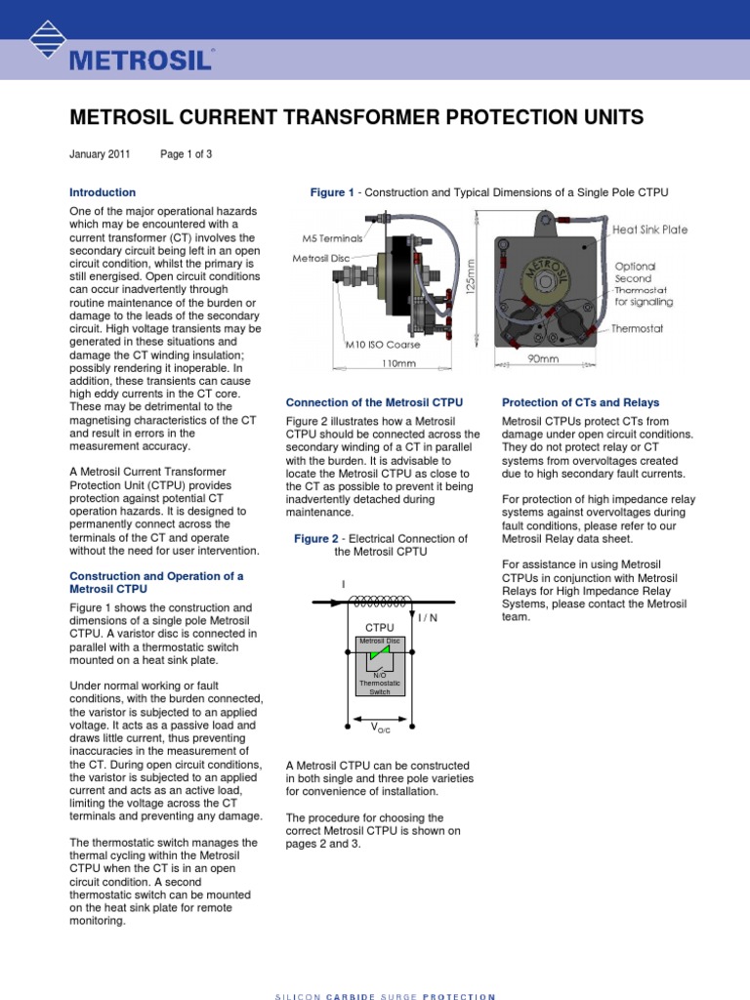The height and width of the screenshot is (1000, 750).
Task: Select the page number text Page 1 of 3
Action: [x=186, y=154]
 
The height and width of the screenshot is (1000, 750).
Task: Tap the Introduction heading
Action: [x=103, y=192]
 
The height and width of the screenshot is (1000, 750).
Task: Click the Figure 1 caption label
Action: [x=332, y=193]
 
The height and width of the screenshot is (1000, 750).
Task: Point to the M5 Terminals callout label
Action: [x=333, y=237]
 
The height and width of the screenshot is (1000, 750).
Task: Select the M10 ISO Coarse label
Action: [x=383, y=345]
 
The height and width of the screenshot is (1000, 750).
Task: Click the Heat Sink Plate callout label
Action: [x=650, y=229]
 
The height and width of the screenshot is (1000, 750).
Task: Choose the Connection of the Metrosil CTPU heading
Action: [x=374, y=402]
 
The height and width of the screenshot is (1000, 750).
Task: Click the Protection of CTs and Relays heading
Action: [x=580, y=402]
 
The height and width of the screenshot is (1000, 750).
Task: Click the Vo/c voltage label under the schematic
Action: [x=379, y=729]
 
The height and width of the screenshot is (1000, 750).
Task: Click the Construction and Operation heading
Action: [x=156, y=582]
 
